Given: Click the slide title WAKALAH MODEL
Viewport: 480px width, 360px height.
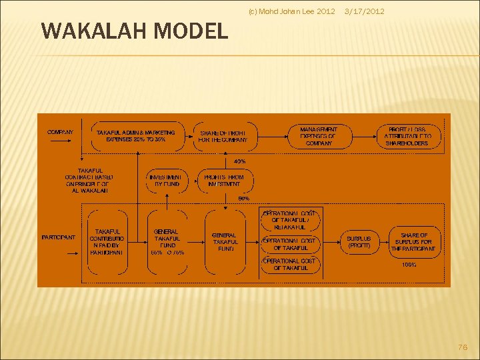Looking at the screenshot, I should [x=134, y=31].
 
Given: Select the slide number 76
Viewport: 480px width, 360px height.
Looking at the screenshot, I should [x=463, y=348].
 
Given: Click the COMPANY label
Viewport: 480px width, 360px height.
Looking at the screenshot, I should [x=60, y=132].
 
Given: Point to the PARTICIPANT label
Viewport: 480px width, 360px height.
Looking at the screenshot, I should [x=59, y=237].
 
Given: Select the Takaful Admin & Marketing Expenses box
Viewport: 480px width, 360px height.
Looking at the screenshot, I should [x=136, y=136].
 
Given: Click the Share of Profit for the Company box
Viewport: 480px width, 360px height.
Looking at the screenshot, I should [x=224, y=136].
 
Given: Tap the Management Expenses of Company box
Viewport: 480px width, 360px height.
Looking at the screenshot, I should [x=319, y=135].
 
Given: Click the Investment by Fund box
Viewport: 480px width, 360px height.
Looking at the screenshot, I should [x=165, y=180].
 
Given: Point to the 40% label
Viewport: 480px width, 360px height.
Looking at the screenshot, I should [x=239, y=161].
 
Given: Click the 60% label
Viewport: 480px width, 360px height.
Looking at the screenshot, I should [x=244, y=198].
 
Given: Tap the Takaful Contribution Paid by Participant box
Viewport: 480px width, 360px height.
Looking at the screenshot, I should [x=107, y=242].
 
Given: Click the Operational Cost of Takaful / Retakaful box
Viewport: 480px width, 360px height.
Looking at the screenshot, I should [x=290, y=220].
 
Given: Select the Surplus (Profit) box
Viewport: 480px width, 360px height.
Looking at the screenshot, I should [x=359, y=242].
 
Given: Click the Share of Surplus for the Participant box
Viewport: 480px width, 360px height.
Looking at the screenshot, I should [x=414, y=242].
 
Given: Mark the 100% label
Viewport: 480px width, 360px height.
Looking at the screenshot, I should [x=408, y=265].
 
